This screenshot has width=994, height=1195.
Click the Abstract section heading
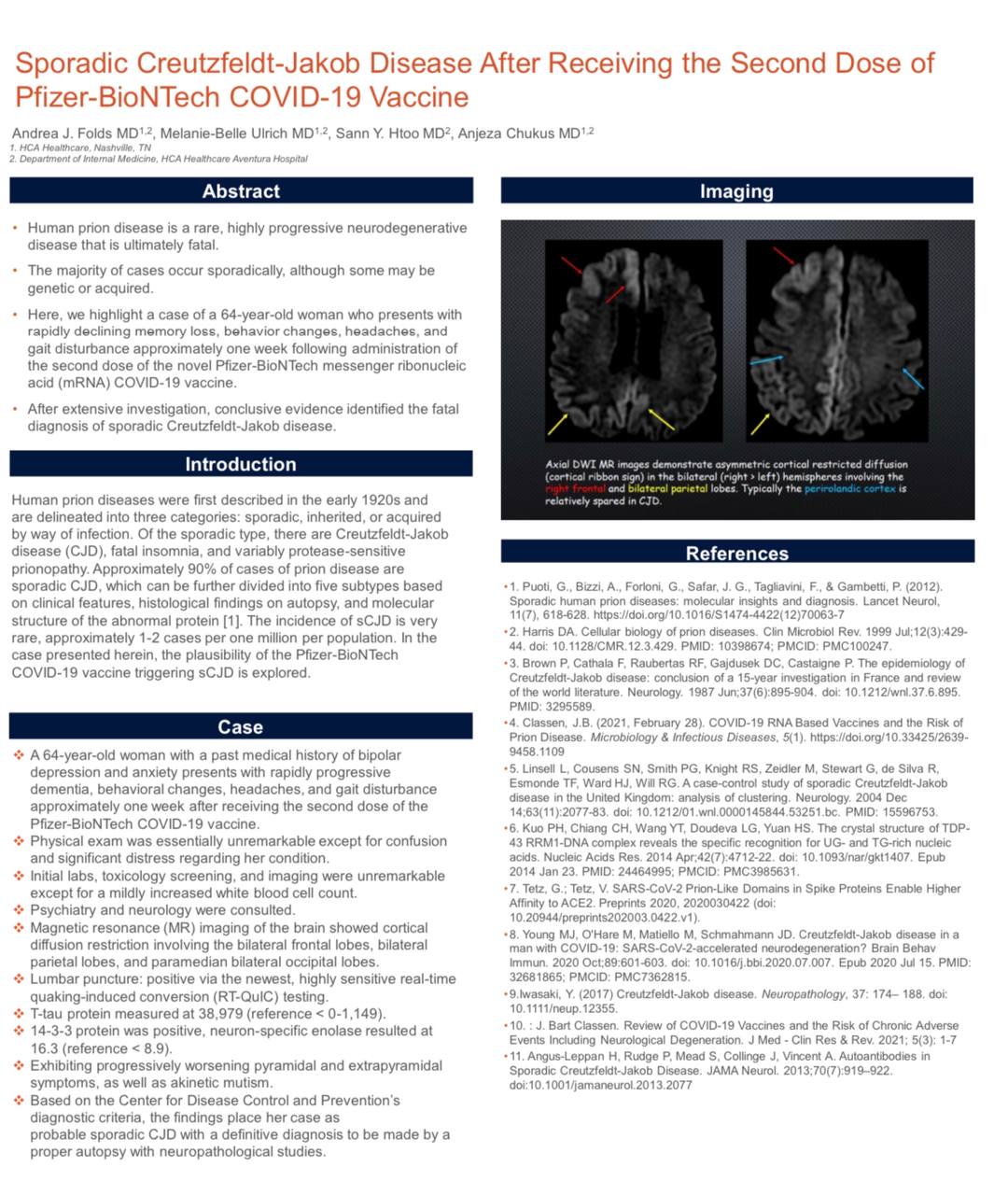[241, 191]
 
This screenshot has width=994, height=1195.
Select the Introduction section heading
[240, 464]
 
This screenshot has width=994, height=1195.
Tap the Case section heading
[240, 726]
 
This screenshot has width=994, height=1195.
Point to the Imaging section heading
[736, 191]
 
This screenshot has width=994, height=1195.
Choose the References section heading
[736, 553]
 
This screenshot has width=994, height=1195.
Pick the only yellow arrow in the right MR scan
[761, 424]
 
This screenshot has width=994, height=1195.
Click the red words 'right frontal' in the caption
[575, 488]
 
